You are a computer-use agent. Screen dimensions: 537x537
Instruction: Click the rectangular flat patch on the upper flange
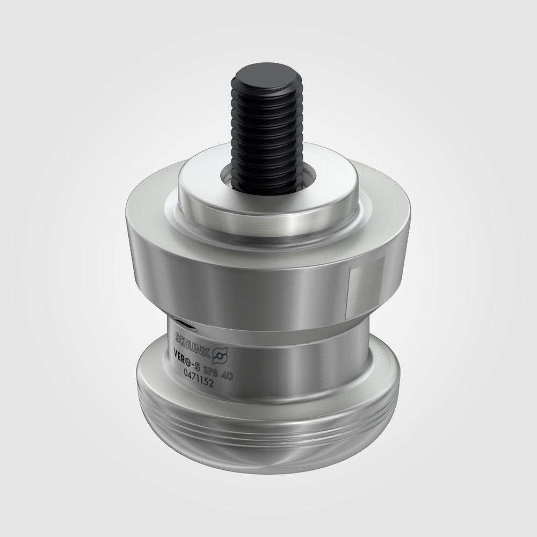point(367,279)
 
